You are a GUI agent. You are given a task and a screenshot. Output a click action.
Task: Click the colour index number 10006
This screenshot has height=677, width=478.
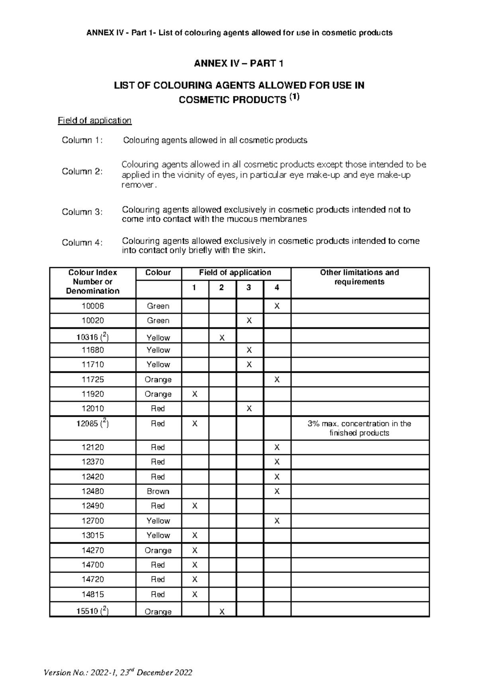pos(92,306)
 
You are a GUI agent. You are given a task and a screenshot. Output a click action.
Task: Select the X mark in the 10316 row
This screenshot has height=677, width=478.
pos(222,338)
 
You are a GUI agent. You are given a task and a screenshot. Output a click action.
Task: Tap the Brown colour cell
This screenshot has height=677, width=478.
pos(158,491)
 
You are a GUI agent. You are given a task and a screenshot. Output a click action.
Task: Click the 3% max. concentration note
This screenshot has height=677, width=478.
pos(359,428)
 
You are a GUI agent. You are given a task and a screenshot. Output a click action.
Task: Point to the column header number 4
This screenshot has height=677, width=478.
pos(277,287)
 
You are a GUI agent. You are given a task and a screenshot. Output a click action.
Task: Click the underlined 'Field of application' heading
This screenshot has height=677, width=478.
pos(94,120)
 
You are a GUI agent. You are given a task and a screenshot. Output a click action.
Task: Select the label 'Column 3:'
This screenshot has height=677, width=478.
pos(82,212)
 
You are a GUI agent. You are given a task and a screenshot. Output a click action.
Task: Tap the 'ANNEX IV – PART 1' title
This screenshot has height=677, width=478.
pos(239,64)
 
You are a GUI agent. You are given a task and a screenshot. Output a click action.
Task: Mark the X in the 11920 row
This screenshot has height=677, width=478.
pos(195,394)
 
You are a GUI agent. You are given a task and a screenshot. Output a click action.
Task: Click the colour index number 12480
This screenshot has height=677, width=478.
pos(92,491)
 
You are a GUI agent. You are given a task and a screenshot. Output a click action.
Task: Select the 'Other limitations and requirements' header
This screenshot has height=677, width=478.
pos(359,277)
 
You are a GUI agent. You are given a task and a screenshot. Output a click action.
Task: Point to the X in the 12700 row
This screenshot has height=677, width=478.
pos(277,521)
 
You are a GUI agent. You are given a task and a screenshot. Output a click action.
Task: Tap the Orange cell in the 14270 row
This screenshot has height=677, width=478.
pos(158,550)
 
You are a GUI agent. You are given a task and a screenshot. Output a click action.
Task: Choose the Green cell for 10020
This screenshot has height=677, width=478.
pos(158,321)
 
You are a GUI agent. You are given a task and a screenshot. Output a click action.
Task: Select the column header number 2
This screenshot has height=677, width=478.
pos(222,287)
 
